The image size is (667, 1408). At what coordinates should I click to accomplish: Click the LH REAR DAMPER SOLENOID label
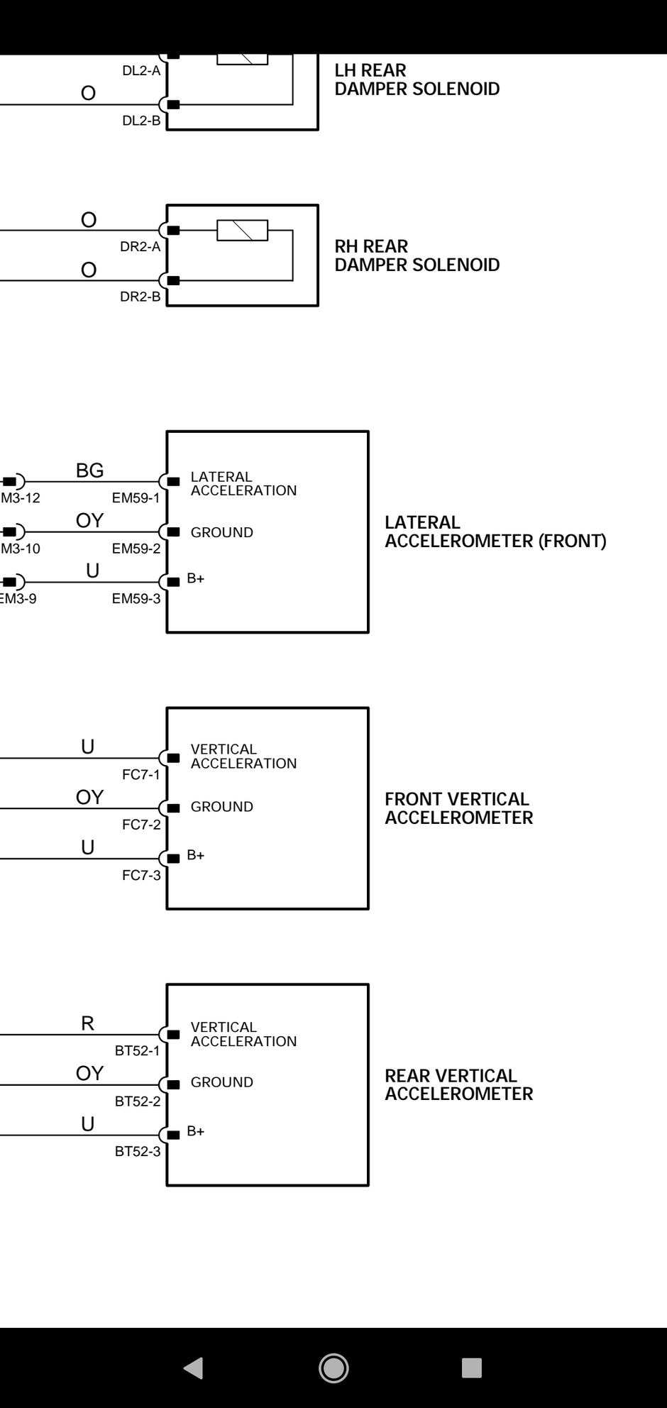click(417, 79)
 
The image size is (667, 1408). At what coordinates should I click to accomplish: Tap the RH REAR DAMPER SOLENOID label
click(417, 255)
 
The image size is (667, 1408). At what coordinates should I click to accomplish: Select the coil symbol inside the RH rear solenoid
click(242, 231)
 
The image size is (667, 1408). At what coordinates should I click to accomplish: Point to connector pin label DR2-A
click(140, 247)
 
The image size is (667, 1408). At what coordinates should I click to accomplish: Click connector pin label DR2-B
click(140, 297)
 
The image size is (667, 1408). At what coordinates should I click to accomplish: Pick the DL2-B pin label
click(141, 121)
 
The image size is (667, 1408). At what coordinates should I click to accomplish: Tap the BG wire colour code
click(90, 471)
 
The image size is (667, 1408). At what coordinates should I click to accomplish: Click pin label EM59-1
click(136, 498)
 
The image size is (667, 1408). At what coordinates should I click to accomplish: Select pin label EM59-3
click(136, 599)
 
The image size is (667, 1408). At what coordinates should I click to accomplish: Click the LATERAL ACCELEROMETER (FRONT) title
click(495, 532)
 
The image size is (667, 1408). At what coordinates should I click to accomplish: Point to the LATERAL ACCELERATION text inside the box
click(243, 484)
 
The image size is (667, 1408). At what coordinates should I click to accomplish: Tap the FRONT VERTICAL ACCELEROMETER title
click(458, 808)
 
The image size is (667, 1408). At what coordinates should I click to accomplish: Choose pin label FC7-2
click(141, 825)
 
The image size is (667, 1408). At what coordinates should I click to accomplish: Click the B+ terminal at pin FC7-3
click(195, 856)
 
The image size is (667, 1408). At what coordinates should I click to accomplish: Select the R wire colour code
click(88, 1023)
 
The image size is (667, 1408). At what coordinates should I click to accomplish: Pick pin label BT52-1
click(138, 1051)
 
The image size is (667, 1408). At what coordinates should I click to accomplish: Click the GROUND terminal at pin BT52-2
click(221, 1082)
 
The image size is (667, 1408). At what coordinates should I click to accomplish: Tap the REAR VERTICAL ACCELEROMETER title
click(458, 1085)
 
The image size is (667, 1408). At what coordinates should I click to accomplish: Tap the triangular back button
click(194, 1368)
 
